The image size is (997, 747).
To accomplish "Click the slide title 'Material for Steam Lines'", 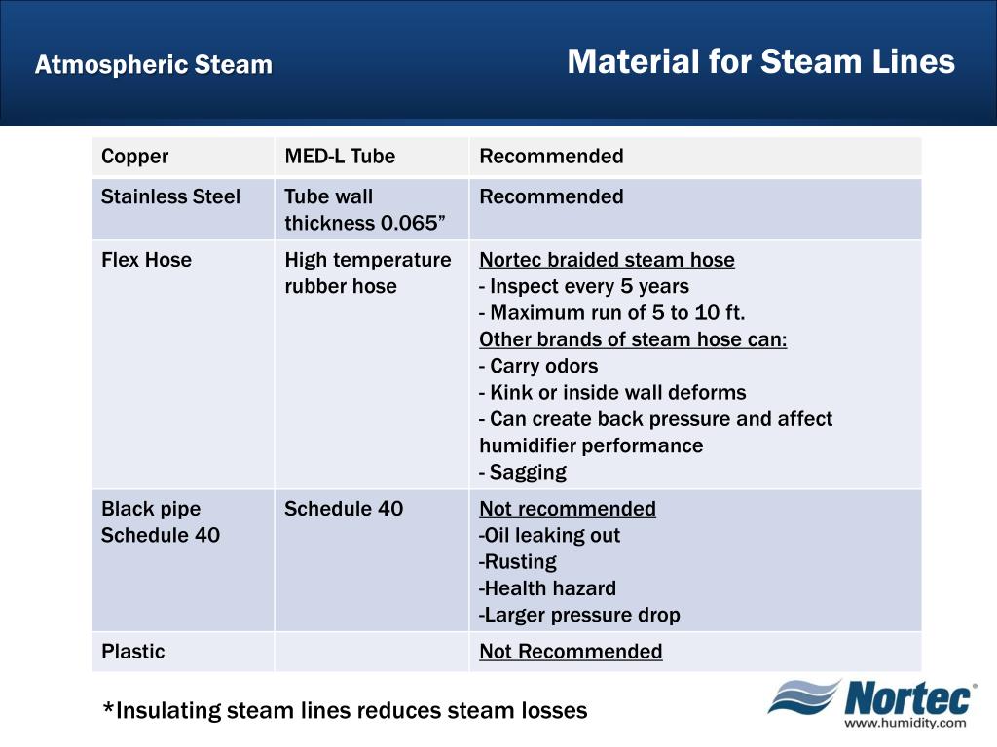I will point(760,62).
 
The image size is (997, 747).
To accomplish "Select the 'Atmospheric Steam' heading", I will point(154,65).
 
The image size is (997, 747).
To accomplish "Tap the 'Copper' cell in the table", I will point(135,157).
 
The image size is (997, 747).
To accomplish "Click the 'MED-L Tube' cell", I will point(340,157).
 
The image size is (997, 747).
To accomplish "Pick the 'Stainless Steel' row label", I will point(170,196).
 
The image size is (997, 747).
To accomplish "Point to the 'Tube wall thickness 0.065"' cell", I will point(365,210).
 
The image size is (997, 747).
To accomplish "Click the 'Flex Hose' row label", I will point(147,260).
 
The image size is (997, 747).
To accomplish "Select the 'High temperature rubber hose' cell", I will point(367,273).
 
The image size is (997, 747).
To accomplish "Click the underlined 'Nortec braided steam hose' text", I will point(607,260).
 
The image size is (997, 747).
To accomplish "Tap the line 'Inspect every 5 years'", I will point(584,286).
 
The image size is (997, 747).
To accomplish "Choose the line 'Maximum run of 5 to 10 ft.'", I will point(612,313).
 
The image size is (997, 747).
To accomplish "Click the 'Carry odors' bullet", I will point(539,367).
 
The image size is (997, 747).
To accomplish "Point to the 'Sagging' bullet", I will point(523,473).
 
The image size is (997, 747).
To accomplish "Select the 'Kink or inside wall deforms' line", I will point(612,393).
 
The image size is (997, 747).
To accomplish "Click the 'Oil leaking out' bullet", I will point(550,535).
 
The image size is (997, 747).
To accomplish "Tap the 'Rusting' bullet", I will point(518,562).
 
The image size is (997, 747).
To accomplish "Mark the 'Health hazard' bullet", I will point(548,588).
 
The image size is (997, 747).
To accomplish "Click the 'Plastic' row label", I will point(133,652).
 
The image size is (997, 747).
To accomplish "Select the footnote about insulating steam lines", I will point(346,711).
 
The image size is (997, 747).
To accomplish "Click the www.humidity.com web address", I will point(905,723).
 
